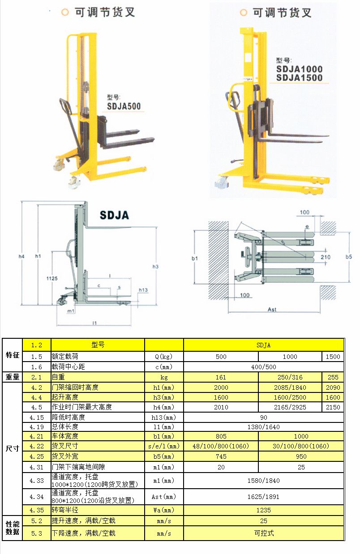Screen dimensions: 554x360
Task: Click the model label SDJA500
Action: (x=124, y=106)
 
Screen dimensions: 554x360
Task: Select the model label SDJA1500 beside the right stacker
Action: (x=299, y=78)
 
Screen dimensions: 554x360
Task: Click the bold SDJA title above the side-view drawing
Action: (x=114, y=215)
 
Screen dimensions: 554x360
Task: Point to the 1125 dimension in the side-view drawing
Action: (x=52, y=278)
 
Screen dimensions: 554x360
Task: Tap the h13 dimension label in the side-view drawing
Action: (x=143, y=290)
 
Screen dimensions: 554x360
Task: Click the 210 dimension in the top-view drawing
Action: (x=326, y=257)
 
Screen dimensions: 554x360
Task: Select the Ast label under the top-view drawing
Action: (x=272, y=309)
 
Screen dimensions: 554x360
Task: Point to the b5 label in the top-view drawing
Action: (x=349, y=257)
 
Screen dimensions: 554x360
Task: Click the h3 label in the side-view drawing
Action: (x=155, y=267)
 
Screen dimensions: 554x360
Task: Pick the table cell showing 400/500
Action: (x=263, y=367)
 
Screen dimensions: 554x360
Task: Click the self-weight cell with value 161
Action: (x=221, y=377)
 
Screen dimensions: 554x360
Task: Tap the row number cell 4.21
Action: (x=36, y=436)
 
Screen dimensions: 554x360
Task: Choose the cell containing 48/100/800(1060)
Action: (x=221, y=446)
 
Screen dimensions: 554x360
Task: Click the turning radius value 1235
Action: (x=263, y=510)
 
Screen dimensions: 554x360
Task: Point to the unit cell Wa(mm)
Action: (x=164, y=510)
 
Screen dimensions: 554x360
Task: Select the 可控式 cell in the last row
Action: (x=263, y=533)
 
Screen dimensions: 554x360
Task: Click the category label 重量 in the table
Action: (x=12, y=377)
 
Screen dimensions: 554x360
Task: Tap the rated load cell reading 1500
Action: (x=333, y=357)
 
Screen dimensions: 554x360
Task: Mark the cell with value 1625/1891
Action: (x=263, y=496)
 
